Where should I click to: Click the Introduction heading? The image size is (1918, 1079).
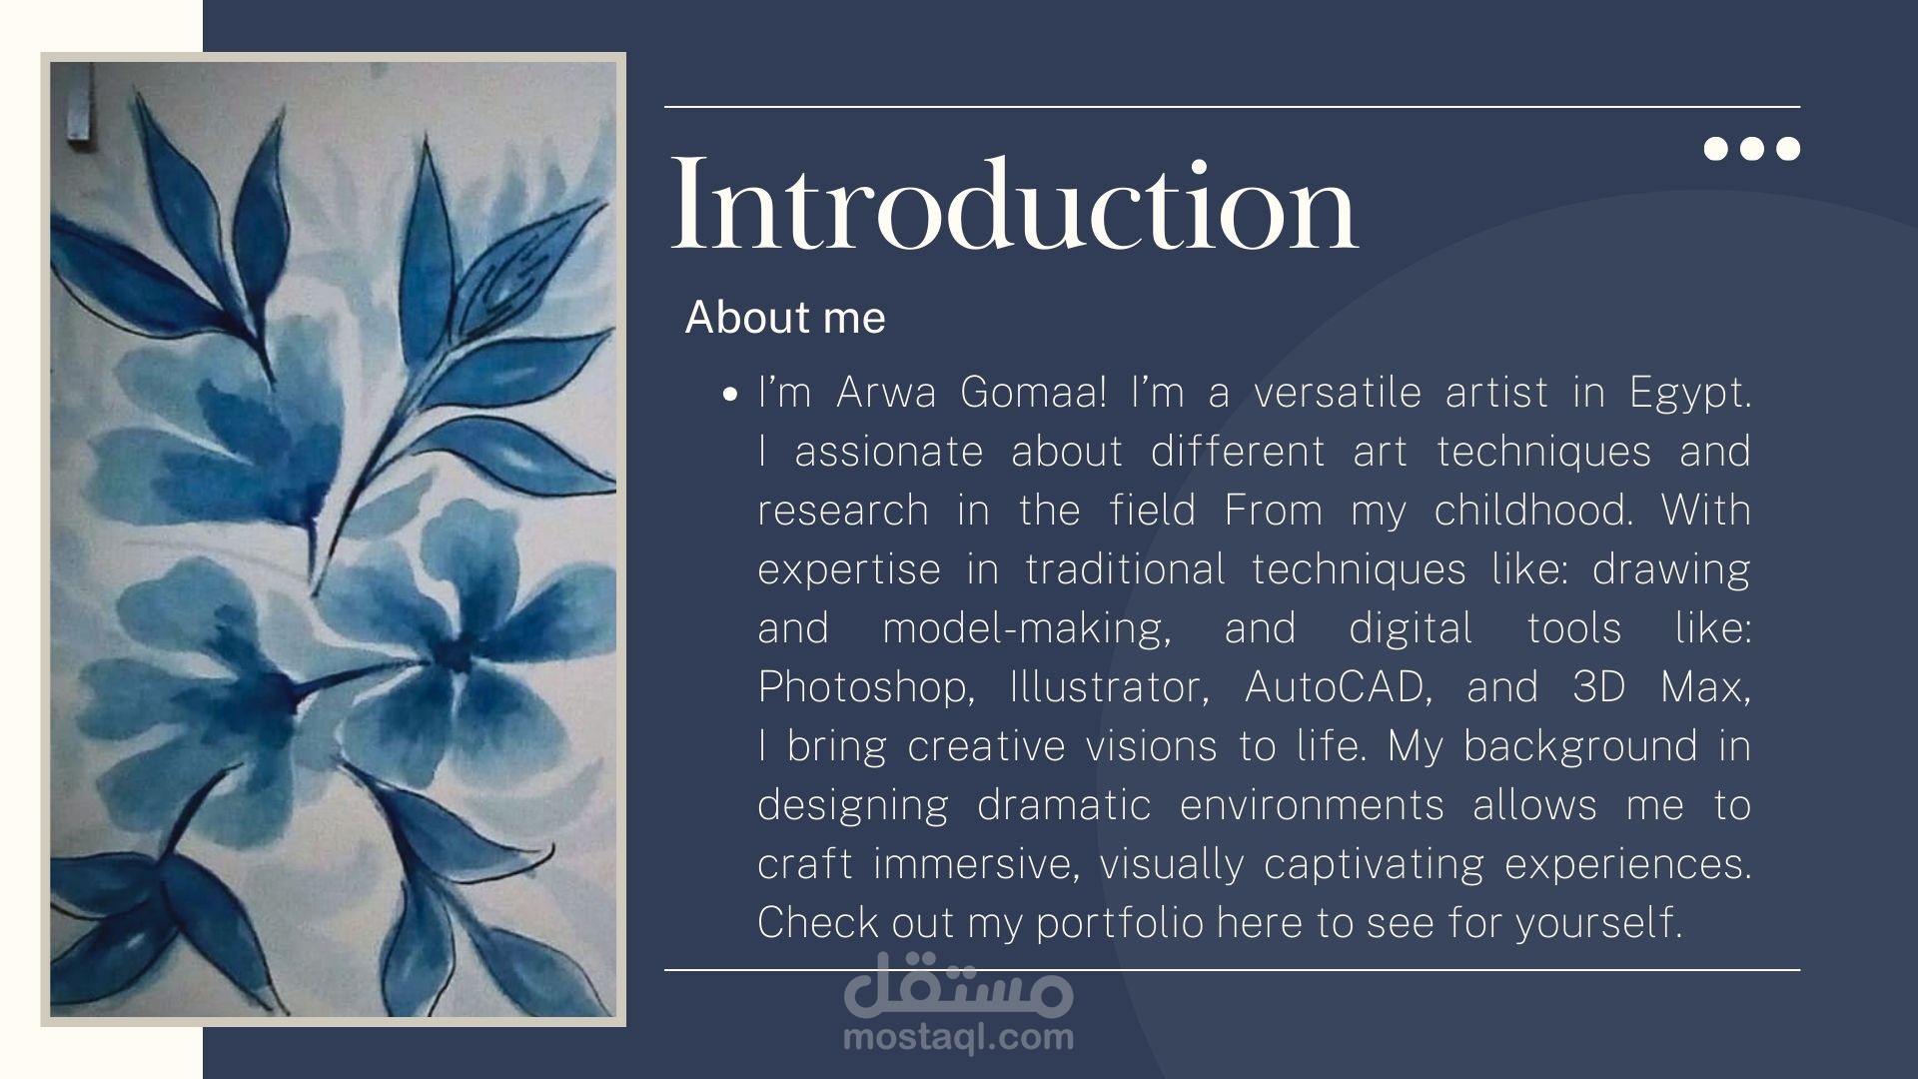pyautogui.click(x=1014, y=204)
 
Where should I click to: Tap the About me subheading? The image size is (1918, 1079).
pyautogui.click(x=785, y=318)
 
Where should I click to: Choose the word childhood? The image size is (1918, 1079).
pyautogui.click(x=1533, y=511)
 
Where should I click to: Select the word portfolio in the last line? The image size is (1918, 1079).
pyautogui.click(x=1120, y=923)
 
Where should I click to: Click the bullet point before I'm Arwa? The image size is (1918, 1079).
pyautogui.click(x=730, y=395)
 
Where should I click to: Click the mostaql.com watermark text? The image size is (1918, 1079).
pyautogui.click(x=959, y=1037)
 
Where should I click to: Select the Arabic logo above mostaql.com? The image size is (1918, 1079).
pyautogui.click(x=959, y=984)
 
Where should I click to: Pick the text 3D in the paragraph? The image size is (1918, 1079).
pyautogui.click(x=1598, y=687)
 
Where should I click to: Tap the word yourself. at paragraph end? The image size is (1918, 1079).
pyautogui.click(x=1599, y=923)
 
